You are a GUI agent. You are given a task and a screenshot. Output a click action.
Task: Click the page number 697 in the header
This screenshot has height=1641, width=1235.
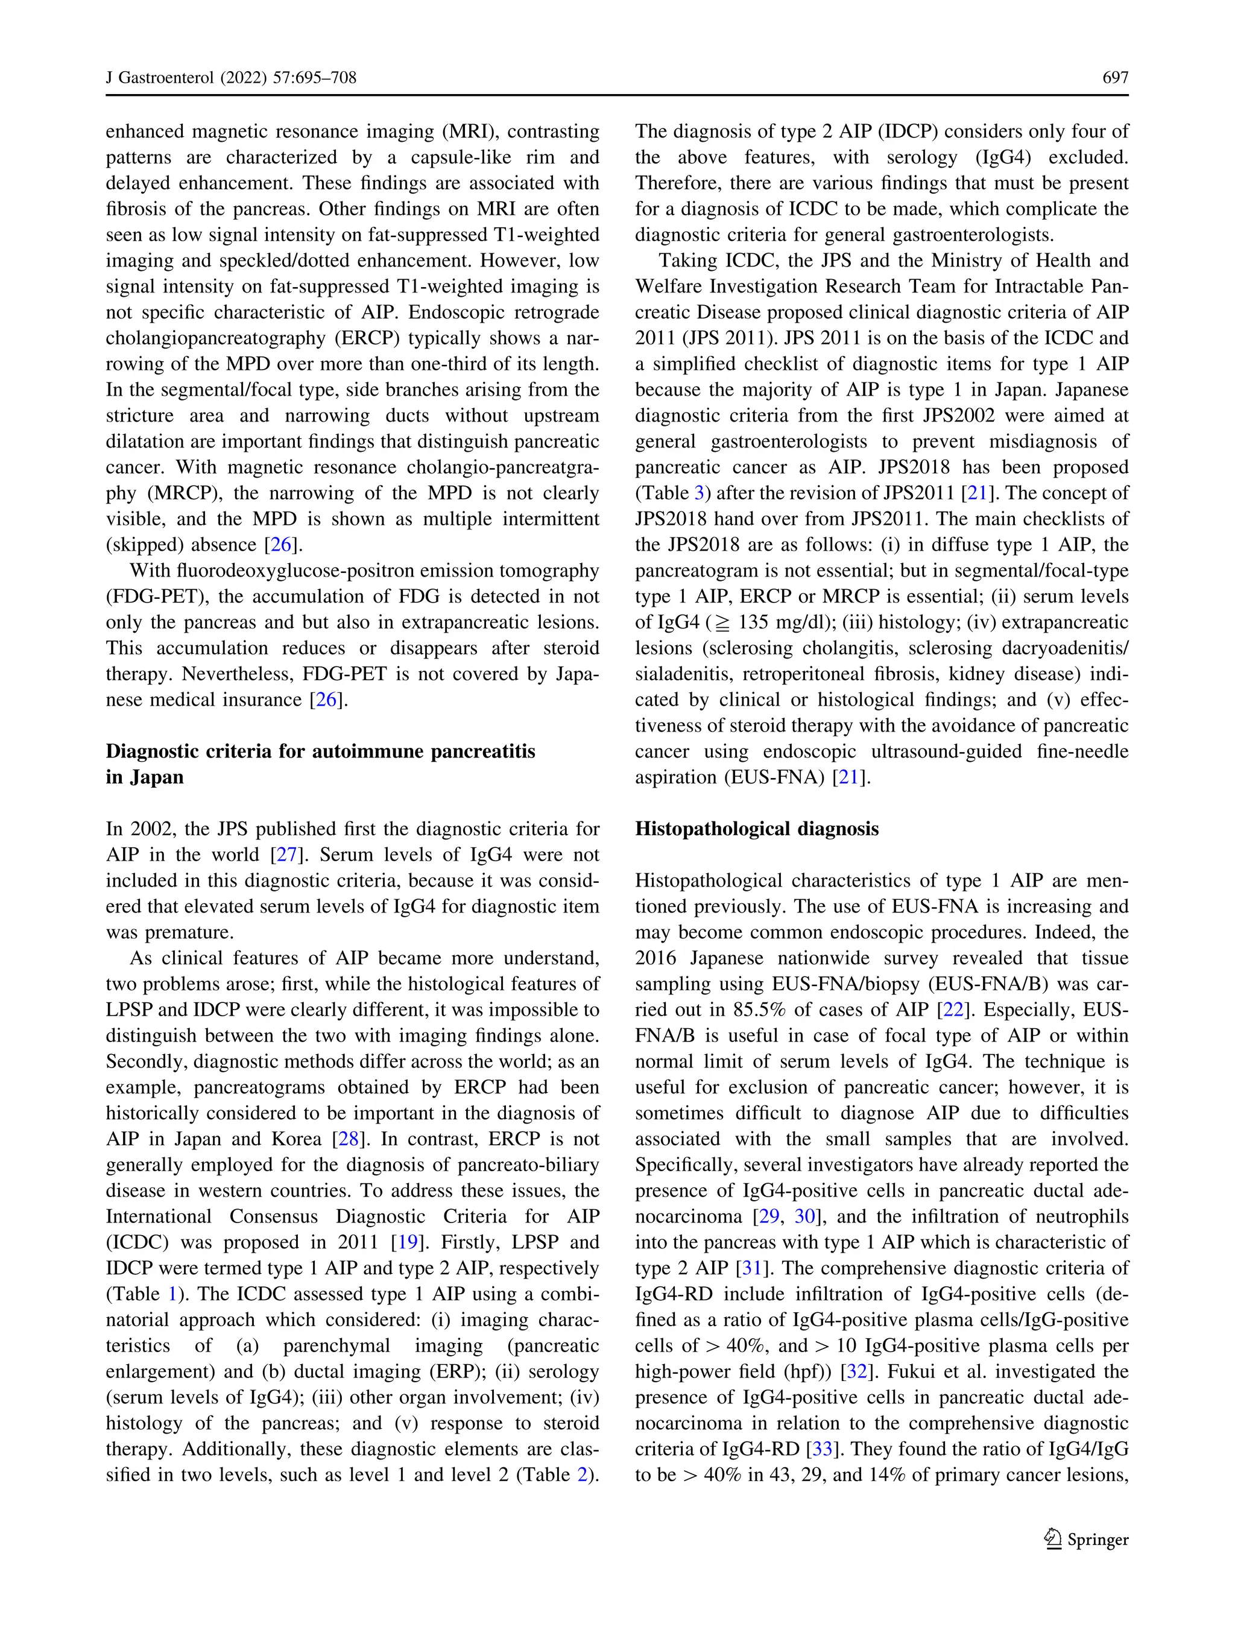point(1115,77)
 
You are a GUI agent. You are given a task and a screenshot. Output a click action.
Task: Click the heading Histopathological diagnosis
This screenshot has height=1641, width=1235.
point(757,829)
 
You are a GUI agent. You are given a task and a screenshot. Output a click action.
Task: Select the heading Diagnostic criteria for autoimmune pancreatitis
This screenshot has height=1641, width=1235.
point(320,751)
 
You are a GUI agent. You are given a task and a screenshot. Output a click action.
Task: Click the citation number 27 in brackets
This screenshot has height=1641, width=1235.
point(287,855)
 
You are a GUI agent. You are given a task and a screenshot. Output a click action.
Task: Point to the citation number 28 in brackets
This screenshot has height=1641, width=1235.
point(349,1139)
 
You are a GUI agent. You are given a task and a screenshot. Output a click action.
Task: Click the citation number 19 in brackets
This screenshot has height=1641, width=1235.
point(407,1242)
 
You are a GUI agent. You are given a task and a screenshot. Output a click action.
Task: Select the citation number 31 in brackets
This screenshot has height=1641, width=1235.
point(752,1268)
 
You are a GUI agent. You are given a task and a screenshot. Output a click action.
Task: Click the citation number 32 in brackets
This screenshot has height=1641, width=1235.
point(857,1371)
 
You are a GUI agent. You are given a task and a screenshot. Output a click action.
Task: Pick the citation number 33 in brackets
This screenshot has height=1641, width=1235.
point(823,1449)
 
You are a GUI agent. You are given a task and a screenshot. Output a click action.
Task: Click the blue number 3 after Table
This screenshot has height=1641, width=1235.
point(699,493)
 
